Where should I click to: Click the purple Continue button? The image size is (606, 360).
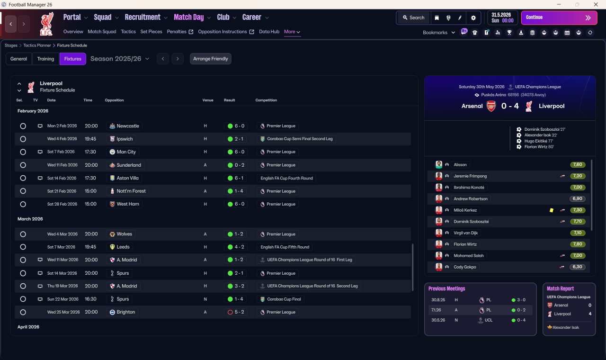559,18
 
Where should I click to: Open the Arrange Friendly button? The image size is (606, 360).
211,59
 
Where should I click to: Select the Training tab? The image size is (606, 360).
45,59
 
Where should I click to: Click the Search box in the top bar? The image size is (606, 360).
414,18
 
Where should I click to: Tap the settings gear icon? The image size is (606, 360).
473,18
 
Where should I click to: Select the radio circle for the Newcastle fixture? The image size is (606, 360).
23,126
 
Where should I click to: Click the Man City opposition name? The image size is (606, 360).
126,152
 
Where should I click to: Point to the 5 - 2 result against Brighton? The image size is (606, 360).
239,312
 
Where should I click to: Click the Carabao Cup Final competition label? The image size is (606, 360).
284,299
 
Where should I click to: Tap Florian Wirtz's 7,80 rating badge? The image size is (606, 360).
577,244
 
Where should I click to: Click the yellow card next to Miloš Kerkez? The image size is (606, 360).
552,210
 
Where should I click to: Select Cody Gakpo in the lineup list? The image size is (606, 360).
464,267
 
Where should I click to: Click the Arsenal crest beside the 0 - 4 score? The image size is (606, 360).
491,106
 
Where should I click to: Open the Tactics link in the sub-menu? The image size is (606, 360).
128,32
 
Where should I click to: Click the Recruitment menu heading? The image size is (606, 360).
143,18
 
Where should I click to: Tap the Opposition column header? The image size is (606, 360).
114,100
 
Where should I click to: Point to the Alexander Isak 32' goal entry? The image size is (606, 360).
541,135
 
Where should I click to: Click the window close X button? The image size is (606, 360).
596,5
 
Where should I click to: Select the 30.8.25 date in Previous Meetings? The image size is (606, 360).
438,300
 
